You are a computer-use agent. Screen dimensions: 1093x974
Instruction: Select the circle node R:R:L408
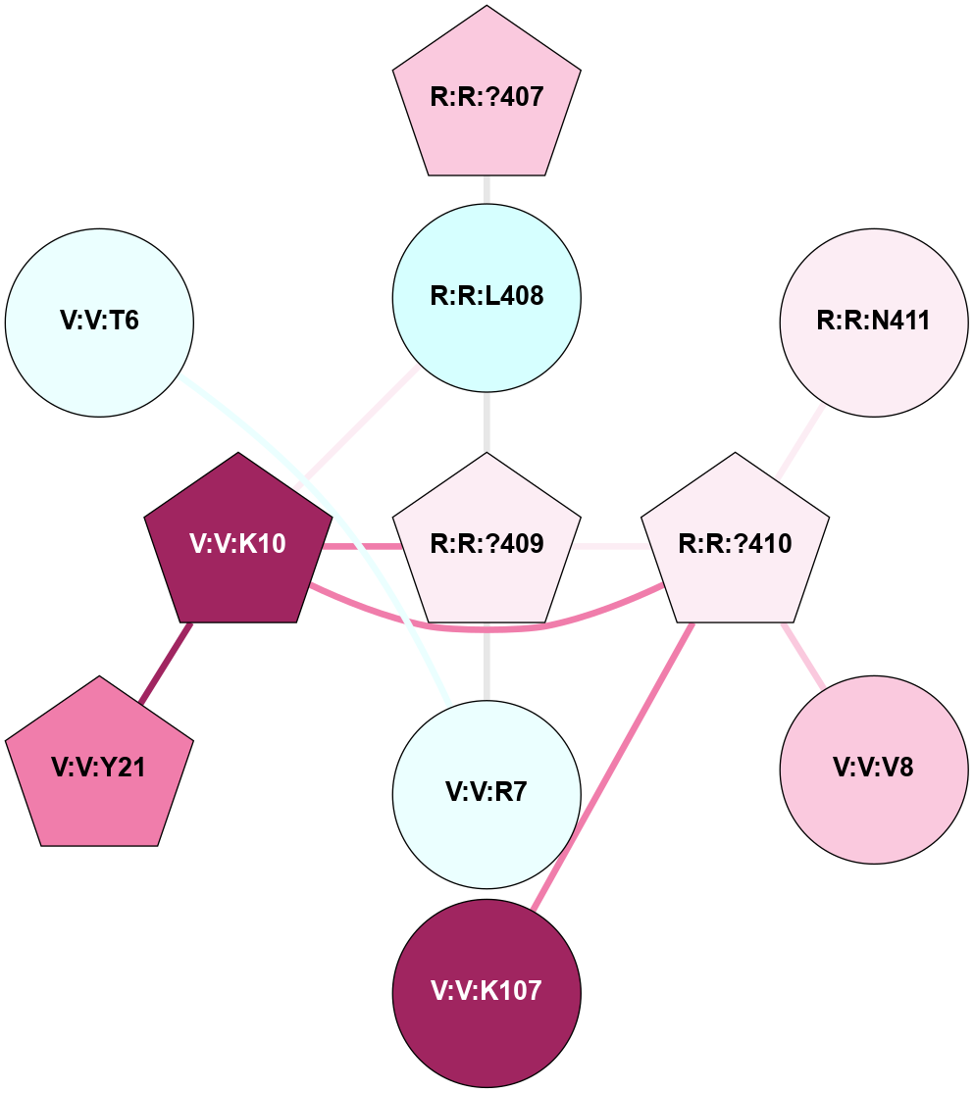(487, 295)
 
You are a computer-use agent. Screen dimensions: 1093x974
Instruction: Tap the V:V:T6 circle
(99, 322)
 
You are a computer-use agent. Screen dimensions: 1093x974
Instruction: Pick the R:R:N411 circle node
(873, 322)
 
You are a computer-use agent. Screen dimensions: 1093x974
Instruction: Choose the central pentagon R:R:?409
(487, 543)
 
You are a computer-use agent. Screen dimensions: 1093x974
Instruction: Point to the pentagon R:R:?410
(735, 543)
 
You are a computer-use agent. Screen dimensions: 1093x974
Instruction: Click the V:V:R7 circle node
(487, 792)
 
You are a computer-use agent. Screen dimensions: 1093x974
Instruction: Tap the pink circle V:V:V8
(873, 767)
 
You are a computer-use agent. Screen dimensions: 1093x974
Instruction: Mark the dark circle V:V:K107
(487, 991)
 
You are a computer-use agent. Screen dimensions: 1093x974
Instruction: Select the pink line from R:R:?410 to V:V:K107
(614, 765)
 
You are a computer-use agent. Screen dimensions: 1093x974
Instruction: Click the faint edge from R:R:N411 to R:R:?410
(800, 443)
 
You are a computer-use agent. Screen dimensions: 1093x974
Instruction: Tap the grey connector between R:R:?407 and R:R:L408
(487, 189)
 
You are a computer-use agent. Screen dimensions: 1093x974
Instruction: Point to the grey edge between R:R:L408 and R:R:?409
(487, 422)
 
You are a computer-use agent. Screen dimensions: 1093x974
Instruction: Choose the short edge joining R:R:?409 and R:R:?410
(610, 545)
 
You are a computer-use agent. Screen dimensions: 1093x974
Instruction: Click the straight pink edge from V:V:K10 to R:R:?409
(363, 546)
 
